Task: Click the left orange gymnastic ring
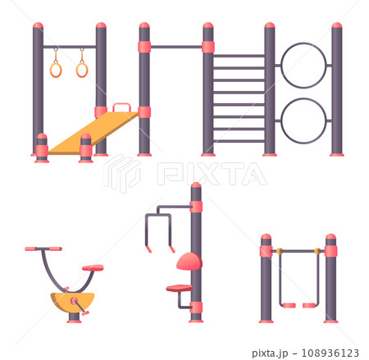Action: tap(56, 70)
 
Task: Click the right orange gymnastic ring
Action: tap(82, 70)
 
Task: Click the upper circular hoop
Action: tap(303, 65)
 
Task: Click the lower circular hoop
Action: tap(303, 121)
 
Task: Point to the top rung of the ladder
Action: tap(239, 56)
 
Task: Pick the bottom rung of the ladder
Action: tap(239, 141)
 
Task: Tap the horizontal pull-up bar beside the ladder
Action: tap(175, 47)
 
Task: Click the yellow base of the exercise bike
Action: tap(72, 301)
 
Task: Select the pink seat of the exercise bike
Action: tap(93, 267)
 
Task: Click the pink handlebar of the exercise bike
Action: tap(43, 248)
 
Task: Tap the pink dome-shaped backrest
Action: tap(189, 262)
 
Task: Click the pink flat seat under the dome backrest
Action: tap(179, 288)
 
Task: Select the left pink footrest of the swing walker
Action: tap(289, 305)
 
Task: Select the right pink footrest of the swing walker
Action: tap(309, 305)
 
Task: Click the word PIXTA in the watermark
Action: tap(211, 173)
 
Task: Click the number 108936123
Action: tap(328, 353)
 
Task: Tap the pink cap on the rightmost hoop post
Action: tap(336, 26)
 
